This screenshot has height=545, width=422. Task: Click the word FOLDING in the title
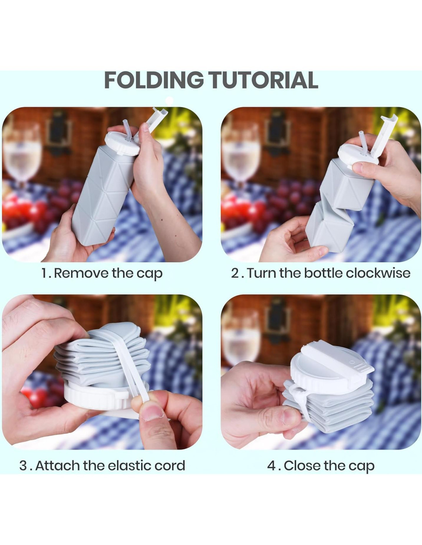(153, 80)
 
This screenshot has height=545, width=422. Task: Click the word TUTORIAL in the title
(264, 80)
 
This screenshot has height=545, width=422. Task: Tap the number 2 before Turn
(235, 273)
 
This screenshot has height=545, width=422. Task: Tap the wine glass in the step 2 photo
(241, 156)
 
